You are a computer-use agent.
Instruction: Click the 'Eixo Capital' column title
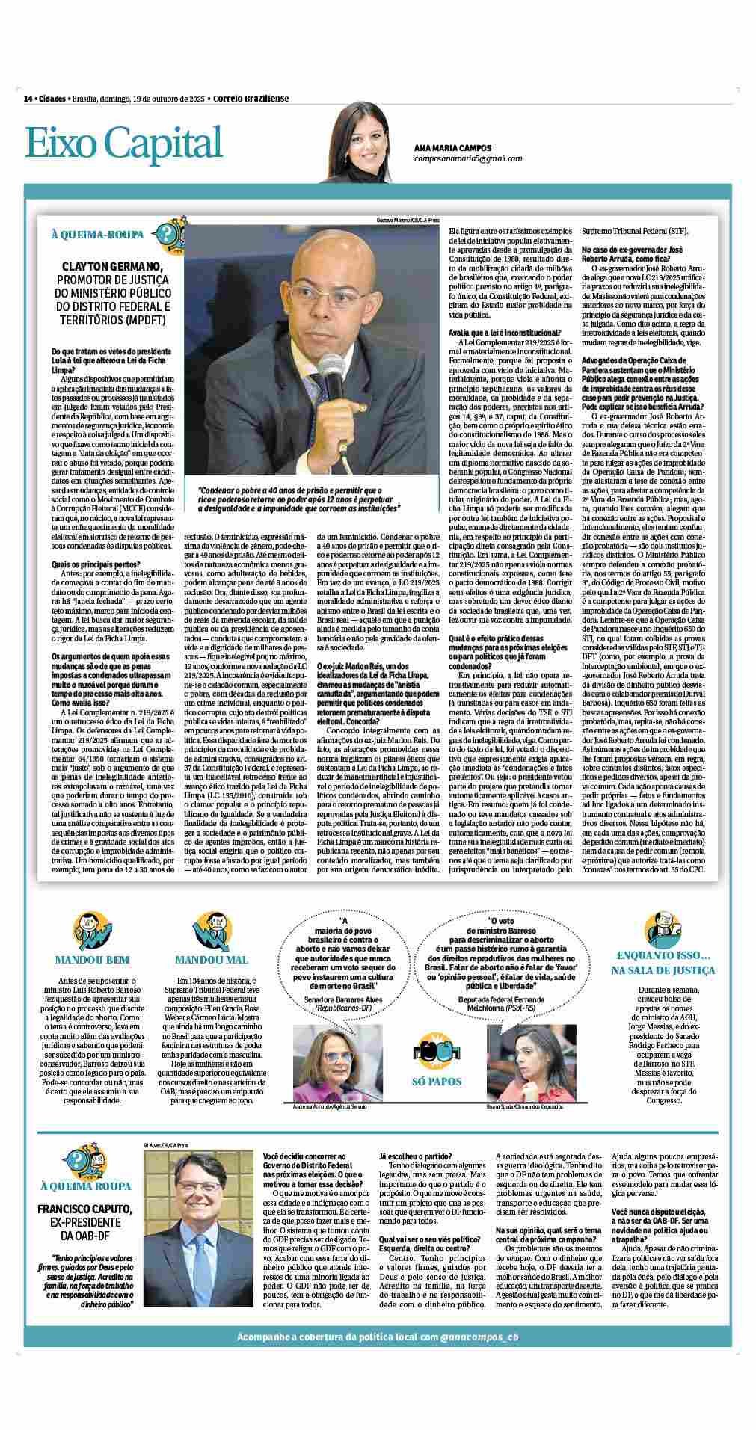124,142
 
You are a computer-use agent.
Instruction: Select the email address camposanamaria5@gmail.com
468,158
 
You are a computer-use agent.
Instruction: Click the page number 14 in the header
28,98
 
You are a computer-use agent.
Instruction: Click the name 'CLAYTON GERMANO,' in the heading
113,266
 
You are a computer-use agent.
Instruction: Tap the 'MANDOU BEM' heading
92,959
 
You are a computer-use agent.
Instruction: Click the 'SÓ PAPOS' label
437,1081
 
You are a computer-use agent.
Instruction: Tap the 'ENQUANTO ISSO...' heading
664,955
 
